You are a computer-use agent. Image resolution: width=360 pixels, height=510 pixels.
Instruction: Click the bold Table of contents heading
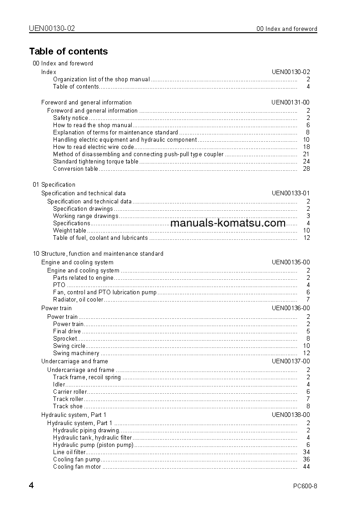click(69, 51)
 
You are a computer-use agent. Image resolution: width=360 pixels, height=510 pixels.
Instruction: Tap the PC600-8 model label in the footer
click(305, 486)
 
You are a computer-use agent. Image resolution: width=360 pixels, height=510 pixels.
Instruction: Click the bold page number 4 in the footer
click(31, 485)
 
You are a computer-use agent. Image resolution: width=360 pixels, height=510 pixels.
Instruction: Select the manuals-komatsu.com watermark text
click(228, 223)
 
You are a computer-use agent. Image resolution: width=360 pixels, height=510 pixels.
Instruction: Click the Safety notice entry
click(70, 118)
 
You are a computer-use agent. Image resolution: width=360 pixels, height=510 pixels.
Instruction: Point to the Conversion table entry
click(75, 168)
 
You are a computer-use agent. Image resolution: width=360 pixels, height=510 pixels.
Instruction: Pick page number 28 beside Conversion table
click(306, 168)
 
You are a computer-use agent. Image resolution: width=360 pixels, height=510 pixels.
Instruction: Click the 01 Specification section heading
click(54, 184)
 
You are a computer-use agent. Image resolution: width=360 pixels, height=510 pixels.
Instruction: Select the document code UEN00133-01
click(291, 193)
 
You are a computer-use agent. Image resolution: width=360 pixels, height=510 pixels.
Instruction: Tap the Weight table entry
click(69, 230)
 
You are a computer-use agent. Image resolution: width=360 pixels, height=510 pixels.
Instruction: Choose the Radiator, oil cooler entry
click(78, 299)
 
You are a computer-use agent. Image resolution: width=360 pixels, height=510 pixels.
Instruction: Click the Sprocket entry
click(65, 338)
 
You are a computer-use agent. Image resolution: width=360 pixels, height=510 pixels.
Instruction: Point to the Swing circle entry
click(69, 346)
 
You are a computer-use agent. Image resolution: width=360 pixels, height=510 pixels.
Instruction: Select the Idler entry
click(59, 384)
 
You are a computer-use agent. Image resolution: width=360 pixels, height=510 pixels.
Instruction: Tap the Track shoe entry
click(68, 406)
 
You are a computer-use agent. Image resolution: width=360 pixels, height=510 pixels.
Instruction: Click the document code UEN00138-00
click(291, 415)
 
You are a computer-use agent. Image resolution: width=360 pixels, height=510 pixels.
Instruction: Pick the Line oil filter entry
click(69, 452)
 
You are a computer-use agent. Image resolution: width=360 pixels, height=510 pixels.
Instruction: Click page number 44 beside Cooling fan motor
click(306, 466)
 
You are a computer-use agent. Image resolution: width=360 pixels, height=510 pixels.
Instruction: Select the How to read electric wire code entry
click(94, 147)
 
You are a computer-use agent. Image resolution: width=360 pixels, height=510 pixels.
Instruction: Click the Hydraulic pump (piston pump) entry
click(93, 445)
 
